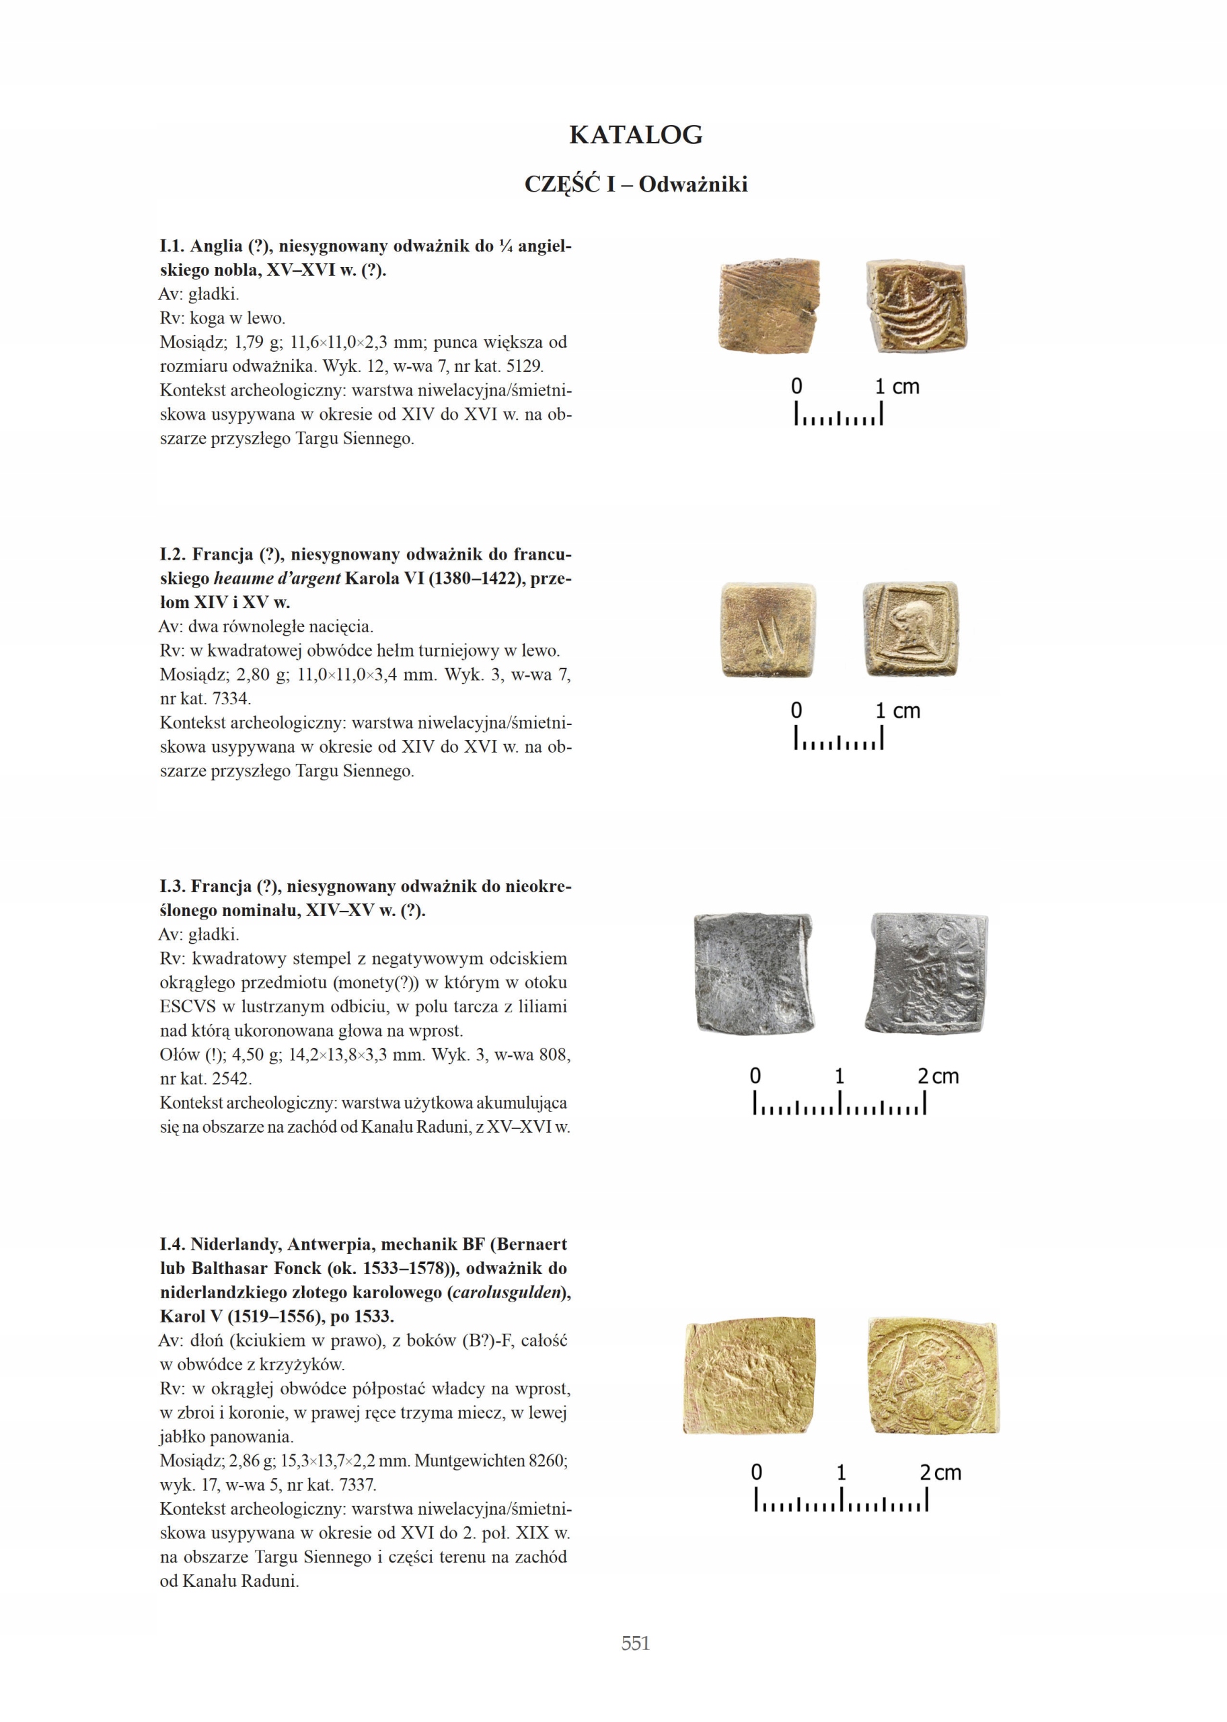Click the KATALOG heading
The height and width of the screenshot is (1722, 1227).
pos(636,135)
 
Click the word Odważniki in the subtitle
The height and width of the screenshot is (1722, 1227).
pos(693,184)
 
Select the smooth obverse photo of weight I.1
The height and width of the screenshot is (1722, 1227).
pos(768,306)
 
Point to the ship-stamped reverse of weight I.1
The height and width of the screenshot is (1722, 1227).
pos(916,307)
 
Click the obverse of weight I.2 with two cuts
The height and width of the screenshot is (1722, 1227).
pos(768,629)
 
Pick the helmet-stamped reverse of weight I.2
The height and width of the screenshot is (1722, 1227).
pos(912,629)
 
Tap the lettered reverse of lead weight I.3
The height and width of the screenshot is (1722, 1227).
pos(929,972)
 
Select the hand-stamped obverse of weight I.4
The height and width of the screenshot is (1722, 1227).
pos(749,1376)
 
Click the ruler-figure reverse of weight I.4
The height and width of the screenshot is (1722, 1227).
pos(933,1376)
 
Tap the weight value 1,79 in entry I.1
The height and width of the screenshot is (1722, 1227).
pos(250,343)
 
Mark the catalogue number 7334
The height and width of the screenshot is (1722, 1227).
pos(232,699)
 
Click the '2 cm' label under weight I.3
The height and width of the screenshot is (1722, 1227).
pos(938,1076)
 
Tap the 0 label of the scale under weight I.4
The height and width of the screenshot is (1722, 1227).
pos(756,1472)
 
